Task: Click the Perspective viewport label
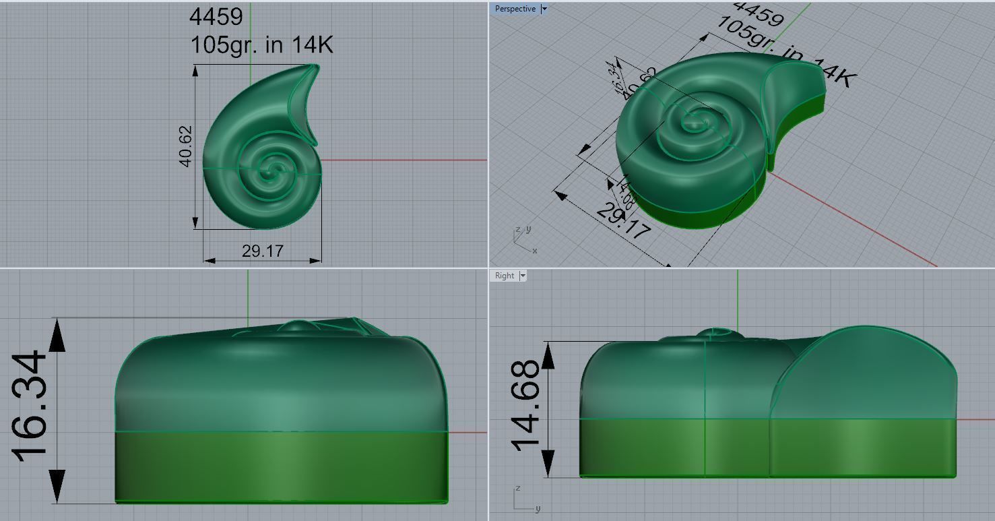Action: [515, 9]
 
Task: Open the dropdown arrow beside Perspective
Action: [544, 9]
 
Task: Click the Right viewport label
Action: [504, 276]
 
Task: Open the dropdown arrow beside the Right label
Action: [523, 276]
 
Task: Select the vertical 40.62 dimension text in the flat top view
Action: [186, 146]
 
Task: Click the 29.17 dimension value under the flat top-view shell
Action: [262, 251]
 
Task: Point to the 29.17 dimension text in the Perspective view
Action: [623, 220]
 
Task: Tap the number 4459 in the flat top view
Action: [216, 18]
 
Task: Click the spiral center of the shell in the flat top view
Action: [273, 169]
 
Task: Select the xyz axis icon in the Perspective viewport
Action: [523, 240]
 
